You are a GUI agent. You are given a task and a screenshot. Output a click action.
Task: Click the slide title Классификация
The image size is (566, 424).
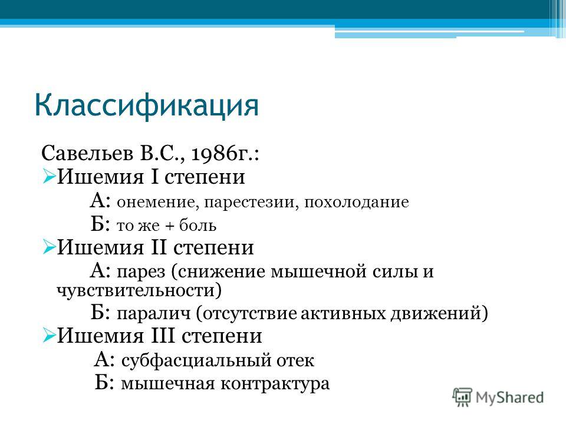147,105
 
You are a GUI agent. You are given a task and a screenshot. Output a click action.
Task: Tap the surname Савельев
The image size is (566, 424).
87,153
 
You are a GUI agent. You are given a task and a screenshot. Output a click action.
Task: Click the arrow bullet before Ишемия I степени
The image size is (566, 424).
49,177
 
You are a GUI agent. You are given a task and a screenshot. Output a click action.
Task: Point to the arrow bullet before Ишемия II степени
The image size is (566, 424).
49,247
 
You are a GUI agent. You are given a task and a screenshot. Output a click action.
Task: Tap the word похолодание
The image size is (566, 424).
356,202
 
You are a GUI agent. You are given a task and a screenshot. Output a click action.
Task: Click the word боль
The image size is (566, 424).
198,226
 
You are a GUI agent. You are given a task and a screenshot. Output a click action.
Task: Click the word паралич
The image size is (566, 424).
153,314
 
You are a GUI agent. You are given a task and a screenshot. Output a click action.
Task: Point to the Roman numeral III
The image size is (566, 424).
163,336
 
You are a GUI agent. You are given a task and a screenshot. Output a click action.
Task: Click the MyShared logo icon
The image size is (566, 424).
462,397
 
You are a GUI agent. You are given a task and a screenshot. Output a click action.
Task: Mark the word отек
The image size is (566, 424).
295,360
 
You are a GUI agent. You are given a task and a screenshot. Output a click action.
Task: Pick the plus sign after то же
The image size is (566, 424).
169,226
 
